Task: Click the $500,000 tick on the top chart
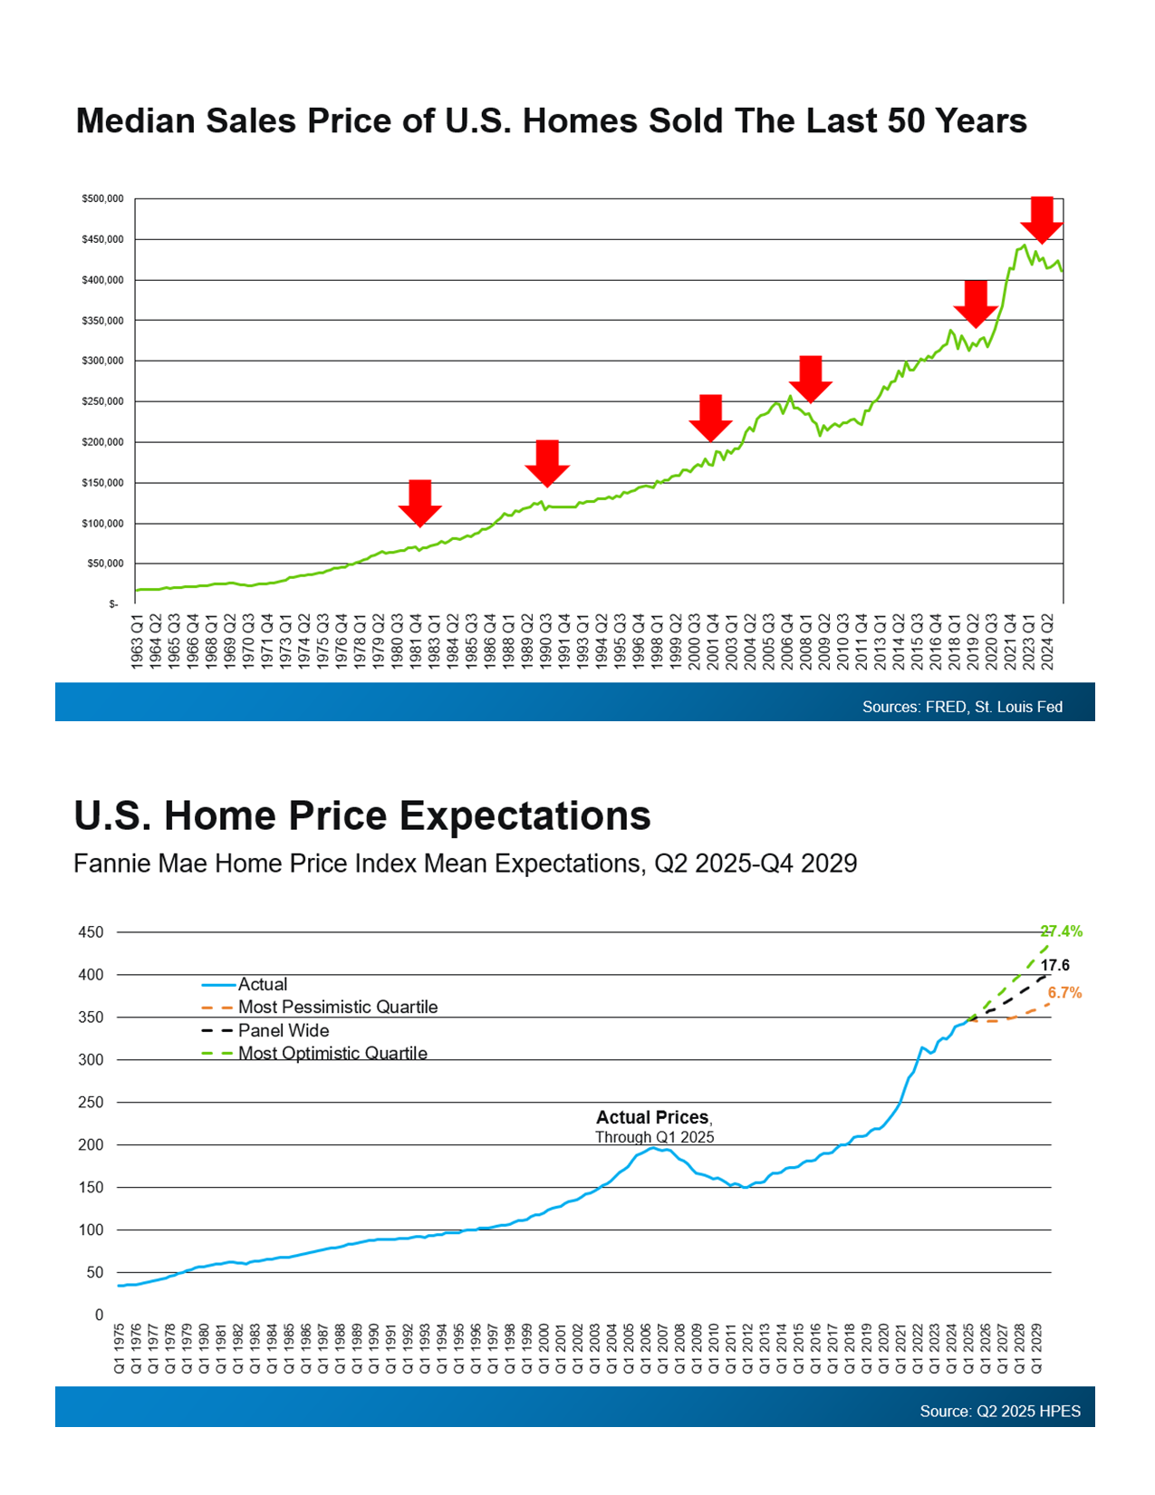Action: (x=102, y=198)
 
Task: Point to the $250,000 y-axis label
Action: (x=102, y=401)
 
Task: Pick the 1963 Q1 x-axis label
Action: (x=138, y=641)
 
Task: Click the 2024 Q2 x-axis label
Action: (x=1047, y=641)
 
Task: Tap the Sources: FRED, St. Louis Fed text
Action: (x=962, y=707)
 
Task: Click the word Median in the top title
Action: (x=135, y=121)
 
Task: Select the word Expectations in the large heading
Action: (x=525, y=815)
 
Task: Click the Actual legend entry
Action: (x=262, y=984)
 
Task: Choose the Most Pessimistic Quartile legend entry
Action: (x=337, y=1007)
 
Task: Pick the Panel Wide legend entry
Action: (x=283, y=1030)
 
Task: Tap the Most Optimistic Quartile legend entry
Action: (x=332, y=1053)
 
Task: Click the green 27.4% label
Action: (x=1061, y=931)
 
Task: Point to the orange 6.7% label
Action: (x=1064, y=993)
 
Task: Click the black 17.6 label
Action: (x=1055, y=966)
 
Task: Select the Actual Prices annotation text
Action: (x=653, y=1118)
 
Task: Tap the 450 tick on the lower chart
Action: (x=91, y=932)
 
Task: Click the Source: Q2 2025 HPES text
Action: (x=1000, y=1411)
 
